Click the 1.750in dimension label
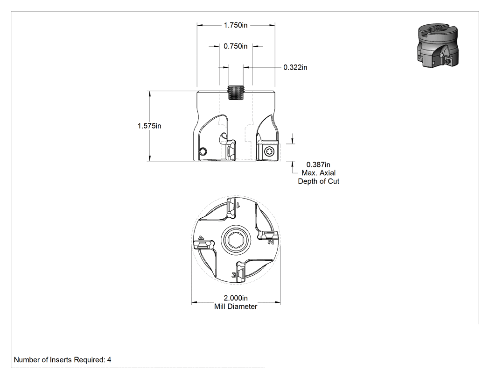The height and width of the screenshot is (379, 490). [236, 25]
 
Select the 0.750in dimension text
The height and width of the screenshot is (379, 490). [236, 46]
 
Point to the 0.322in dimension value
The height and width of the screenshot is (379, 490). [295, 67]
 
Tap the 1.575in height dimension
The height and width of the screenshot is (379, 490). [149, 126]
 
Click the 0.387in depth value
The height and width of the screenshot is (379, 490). [318, 164]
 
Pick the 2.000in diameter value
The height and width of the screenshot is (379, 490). [236, 298]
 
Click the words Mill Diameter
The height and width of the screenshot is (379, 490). [236, 307]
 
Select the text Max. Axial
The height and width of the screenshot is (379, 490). [318, 173]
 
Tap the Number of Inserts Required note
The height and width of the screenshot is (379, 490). [63, 360]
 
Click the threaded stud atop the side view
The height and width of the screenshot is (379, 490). [236, 93]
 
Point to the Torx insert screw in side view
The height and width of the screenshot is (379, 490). [269, 152]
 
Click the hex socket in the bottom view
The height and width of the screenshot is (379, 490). [236, 240]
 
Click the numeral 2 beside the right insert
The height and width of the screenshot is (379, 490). [271, 242]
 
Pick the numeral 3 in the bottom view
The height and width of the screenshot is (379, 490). [234, 275]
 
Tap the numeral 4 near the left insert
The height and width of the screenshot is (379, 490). [201, 238]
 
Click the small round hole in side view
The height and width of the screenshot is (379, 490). [203, 151]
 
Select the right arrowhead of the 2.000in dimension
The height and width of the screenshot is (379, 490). [278, 302]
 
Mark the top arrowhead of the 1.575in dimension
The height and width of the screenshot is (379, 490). [150, 94]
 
